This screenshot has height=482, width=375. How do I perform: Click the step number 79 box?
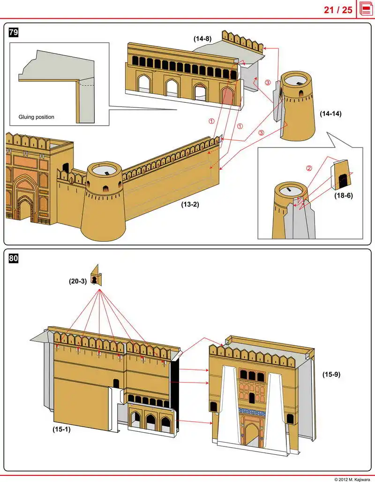click(x=14, y=32)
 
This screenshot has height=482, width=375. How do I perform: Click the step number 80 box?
click(x=14, y=258)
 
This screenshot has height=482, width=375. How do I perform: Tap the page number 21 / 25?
click(x=338, y=9)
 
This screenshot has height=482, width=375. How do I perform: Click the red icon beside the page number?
click(x=366, y=9)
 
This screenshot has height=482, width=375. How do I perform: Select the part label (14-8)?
click(x=203, y=39)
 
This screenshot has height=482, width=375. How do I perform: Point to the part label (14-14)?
click(x=331, y=114)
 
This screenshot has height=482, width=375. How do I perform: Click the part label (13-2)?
click(x=190, y=205)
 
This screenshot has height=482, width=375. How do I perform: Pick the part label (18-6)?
click(x=343, y=196)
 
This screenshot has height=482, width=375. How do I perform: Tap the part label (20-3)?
click(x=78, y=282)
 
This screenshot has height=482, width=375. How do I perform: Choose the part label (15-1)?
click(x=61, y=428)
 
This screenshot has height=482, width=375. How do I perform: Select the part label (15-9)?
click(x=331, y=375)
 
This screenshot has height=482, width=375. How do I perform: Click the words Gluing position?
click(x=36, y=117)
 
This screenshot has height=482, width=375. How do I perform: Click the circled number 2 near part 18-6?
click(x=309, y=168)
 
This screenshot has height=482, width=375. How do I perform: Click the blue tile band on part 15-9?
click(x=252, y=412)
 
